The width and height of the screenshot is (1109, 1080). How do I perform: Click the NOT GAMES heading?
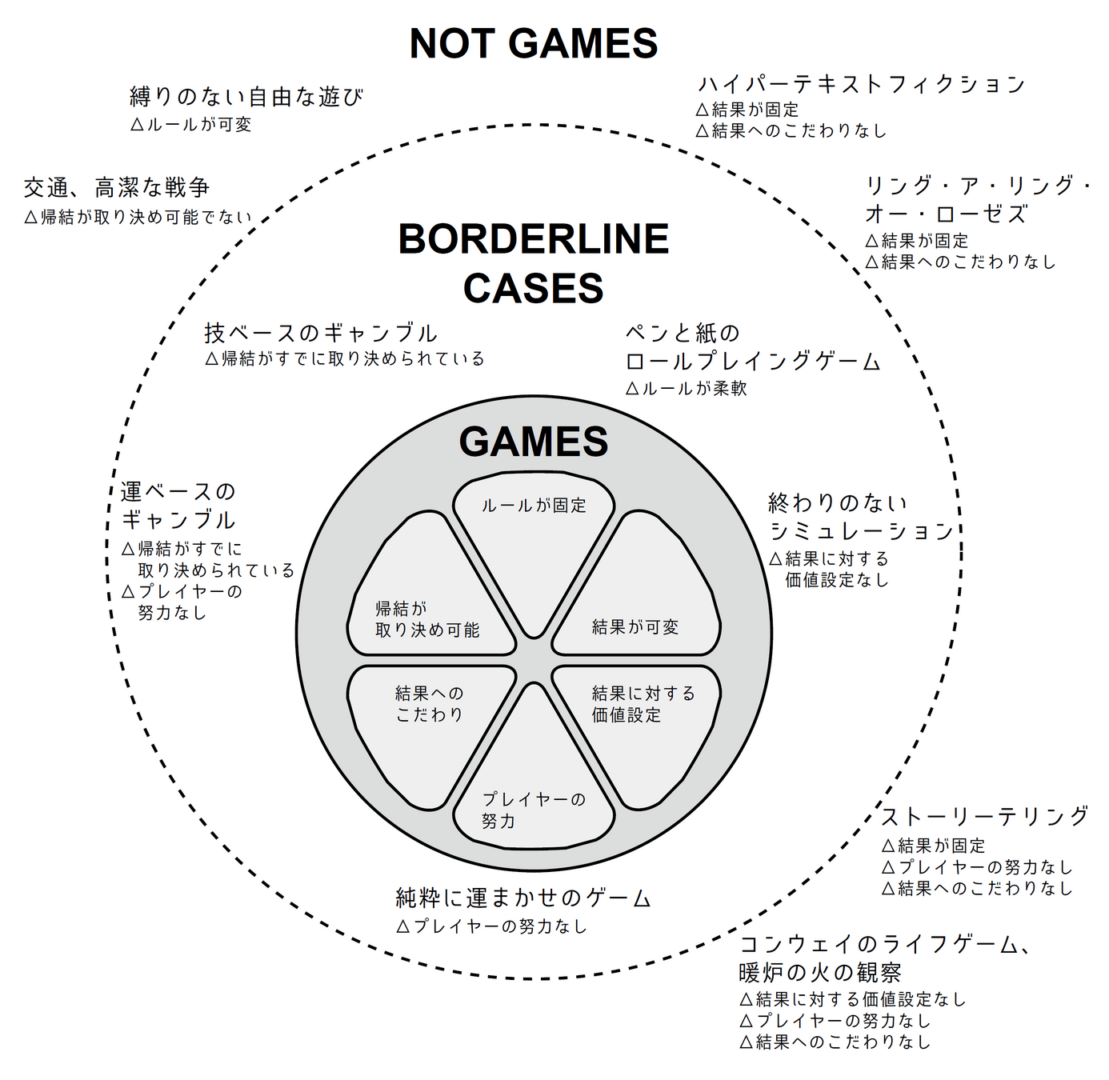pyautogui.click(x=533, y=44)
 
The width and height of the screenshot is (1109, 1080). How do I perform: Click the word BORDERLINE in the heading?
pyautogui.click(x=533, y=239)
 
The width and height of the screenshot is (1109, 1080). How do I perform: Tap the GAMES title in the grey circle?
pyautogui.click(x=533, y=442)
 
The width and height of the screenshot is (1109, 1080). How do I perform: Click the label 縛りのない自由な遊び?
pyautogui.click(x=246, y=97)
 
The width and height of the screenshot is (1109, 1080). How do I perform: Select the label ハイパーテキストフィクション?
pyautogui.click(x=861, y=84)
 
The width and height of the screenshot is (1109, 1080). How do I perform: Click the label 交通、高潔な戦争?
pyautogui.click(x=117, y=188)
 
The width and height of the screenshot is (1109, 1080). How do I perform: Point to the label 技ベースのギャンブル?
pyautogui.click(x=321, y=333)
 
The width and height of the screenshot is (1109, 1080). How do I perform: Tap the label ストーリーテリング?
pyautogui.click(x=985, y=816)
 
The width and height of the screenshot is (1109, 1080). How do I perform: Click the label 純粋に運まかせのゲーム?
pyautogui.click(x=523, y=898)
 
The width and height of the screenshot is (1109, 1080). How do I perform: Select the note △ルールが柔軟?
pyautogui.click(x=686, y=389)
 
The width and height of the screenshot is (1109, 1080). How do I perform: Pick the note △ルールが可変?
pyautogui.click(x=190, y=125)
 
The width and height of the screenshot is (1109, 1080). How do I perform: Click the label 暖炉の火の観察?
pyautogui.click(x=820, y=973)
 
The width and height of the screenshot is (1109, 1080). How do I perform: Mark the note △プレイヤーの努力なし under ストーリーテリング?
pyautogui.click(x=976, y=867)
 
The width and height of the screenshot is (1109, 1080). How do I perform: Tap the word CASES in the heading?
pyautogui.click(x=533, y=288)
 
